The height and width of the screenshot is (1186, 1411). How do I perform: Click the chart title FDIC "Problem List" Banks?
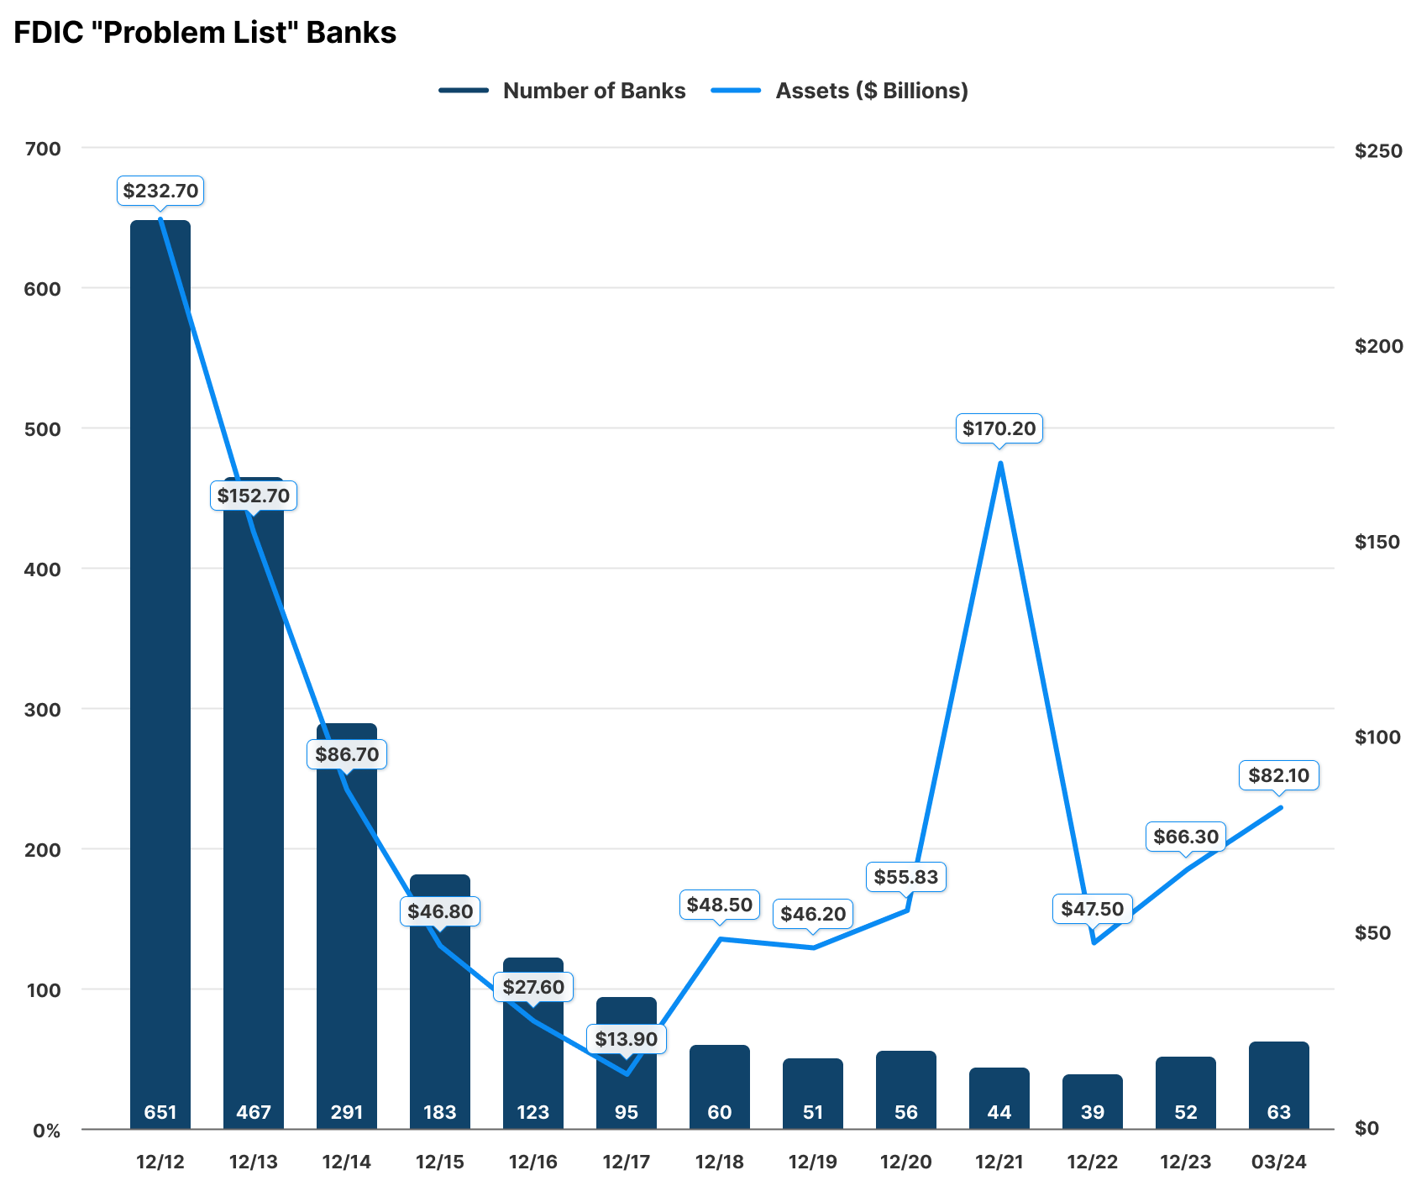pos(205,33)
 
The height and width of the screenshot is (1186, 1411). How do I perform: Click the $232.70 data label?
pos(160,191)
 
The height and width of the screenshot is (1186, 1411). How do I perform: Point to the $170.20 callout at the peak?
pos(999,428)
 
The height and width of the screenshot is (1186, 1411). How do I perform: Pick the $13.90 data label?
pos(627,1039)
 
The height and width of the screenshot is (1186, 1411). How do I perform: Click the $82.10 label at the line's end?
pos(1279,775)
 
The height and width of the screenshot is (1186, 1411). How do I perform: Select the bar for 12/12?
pos(160,672)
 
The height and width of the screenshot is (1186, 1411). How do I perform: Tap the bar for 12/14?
pos(347,924)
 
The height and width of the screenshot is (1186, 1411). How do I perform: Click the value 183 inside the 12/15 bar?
pos(440,1112)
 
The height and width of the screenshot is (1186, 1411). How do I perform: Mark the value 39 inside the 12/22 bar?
pos(1093,1112)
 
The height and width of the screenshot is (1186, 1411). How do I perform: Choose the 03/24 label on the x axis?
pos(1279,1162)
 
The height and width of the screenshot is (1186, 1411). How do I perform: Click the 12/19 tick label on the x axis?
pos(813,1162)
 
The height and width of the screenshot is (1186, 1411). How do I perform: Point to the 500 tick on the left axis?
pos(43,429)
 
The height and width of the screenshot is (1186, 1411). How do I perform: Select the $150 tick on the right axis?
pos(1377,542)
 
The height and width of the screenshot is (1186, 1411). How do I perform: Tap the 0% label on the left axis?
pos(47,1131)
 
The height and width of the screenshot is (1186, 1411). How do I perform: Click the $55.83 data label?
pos(906,877)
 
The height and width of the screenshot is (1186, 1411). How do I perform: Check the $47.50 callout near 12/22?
pos(1093,909)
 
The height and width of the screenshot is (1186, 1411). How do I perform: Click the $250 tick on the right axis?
pos(1377,150)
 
